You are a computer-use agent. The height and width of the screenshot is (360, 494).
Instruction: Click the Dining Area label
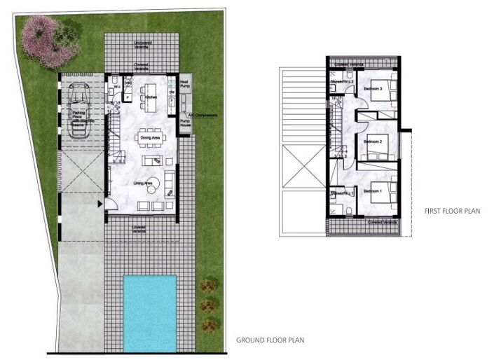pyautogui.click(x=150, y=138)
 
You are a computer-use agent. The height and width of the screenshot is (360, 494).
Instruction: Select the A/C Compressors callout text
pyautogui.click(x=203, y=115)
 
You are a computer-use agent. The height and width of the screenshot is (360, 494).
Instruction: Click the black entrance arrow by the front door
pyautogui.click(x=101, y=205)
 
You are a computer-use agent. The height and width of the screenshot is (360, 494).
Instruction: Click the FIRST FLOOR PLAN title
pyautogui.click(x=451, y=211)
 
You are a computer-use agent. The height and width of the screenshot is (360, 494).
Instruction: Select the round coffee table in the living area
pyautogui.click(x=169, y=186)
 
